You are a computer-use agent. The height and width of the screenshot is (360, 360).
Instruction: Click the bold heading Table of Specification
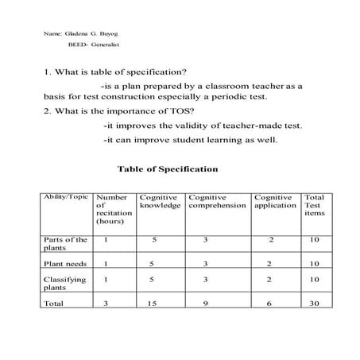[167, 169]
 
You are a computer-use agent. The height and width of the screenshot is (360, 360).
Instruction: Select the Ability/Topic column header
[66, 196]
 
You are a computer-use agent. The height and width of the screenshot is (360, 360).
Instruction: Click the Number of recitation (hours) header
[112, 209]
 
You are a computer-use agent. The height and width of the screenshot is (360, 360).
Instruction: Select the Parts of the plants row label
[65, 243]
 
